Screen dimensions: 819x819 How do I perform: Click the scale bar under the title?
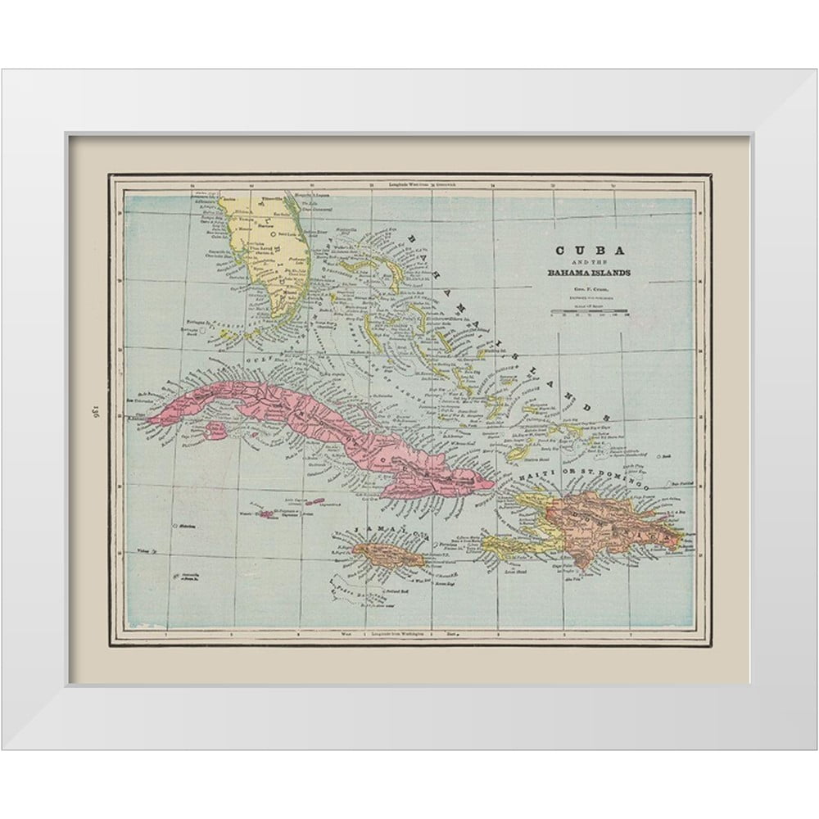click(589, 311)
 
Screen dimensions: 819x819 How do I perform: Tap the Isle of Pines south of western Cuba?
click(216, 428)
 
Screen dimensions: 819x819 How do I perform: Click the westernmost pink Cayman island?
click(267, 514)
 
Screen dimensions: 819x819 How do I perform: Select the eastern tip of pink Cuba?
click(491, 484)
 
